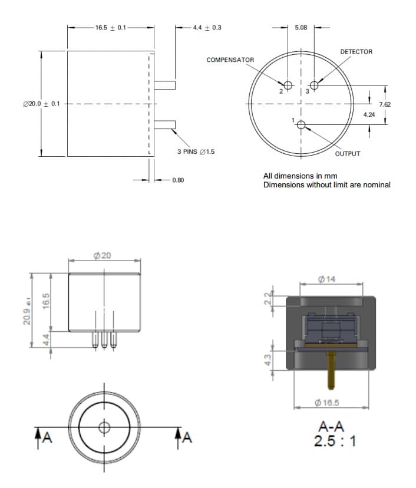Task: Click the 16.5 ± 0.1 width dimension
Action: click(x=110, y=27)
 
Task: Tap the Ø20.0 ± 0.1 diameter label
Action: click(x=41, y=104)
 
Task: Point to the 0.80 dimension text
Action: click(x=178, y=180)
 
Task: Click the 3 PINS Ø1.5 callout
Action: click(x=196, y=151)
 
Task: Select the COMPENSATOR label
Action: click(x=230, y=60)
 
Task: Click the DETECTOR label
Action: click(x=356, y=52)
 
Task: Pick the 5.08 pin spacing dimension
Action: click(x=301, y=27)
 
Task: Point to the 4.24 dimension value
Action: click(x=369, y=114)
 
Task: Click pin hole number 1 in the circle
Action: click(x=301, y=124)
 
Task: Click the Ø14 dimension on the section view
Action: click(x=326, y=279)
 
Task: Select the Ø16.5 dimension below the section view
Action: click(x=327, y=403)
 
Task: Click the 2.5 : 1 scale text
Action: click(x=335, y=441)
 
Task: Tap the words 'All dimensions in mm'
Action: click(x=300, y=176)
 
